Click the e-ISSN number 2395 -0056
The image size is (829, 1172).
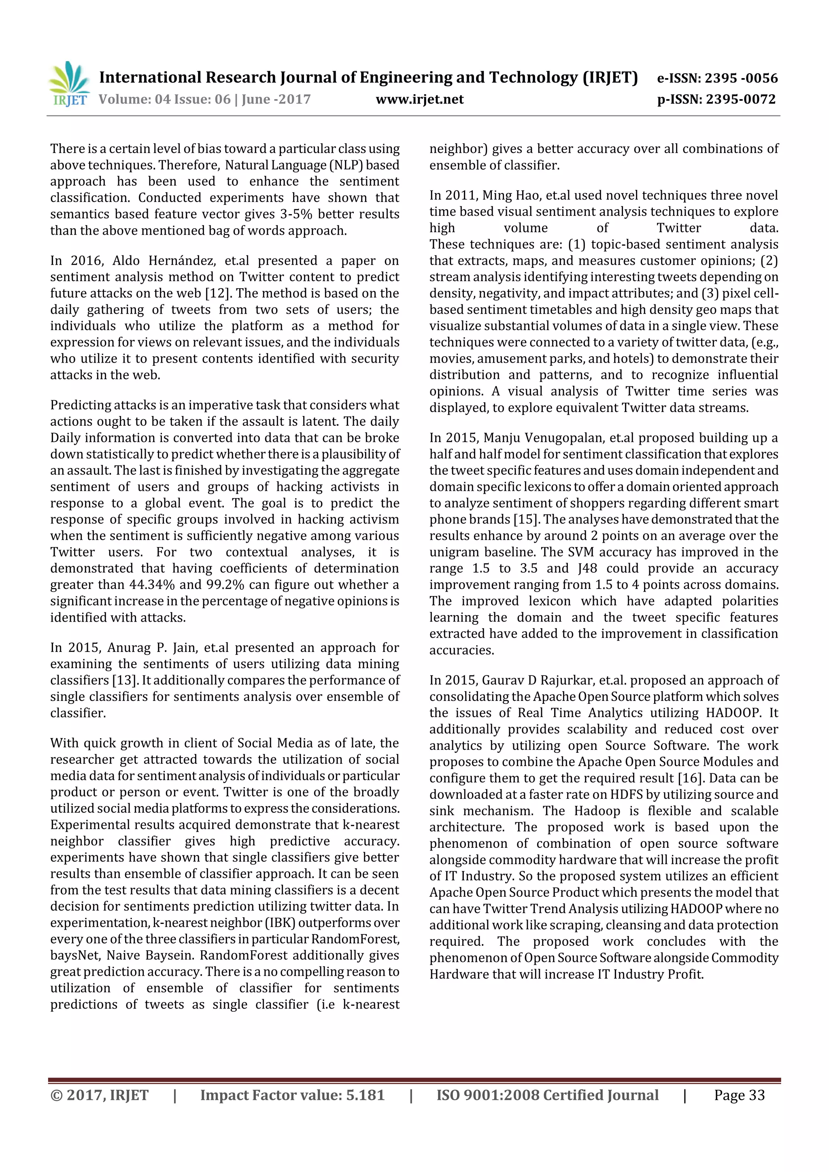tap(741, 78)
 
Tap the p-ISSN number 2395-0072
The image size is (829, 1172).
tap(741, 99)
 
